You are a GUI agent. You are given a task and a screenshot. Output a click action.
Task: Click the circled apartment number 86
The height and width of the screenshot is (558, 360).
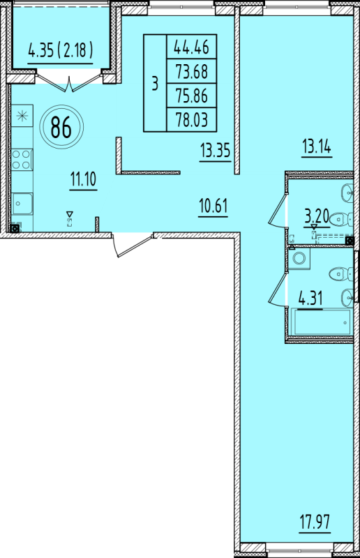[61, 127]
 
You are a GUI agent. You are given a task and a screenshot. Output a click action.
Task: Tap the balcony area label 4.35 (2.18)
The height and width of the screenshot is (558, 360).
[60, 50]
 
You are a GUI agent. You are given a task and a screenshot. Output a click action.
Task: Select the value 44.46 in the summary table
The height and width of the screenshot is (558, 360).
[192, 47]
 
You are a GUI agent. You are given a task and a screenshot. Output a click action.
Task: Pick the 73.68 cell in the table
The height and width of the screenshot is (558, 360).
[192, 71]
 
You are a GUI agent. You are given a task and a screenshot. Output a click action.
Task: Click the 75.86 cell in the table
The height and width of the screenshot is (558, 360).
[192, 96]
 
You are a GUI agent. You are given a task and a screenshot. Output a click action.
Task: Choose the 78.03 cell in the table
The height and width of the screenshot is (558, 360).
[192, 119]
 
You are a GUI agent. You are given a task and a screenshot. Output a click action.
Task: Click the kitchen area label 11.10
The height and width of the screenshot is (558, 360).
[83, 179]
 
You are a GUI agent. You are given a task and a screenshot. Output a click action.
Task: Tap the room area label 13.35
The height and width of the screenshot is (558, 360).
[215, 151]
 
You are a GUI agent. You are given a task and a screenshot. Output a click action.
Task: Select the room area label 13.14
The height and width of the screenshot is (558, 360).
[317, 146]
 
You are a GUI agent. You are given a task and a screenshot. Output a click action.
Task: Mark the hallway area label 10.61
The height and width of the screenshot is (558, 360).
[213, 206]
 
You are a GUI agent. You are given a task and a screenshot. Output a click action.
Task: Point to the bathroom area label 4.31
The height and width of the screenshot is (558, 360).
[311, 299]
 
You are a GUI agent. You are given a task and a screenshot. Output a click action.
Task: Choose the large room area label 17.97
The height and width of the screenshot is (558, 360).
[315, 522]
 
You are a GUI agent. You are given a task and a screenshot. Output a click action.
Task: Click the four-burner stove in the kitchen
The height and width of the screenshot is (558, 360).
[22, 160]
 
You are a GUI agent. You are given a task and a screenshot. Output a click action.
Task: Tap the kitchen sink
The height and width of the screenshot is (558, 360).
[22, 204]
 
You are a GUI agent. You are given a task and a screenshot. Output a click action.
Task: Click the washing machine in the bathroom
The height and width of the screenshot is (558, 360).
[299, 258]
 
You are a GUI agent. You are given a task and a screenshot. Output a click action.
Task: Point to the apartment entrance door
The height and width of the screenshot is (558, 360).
[133, 245]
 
